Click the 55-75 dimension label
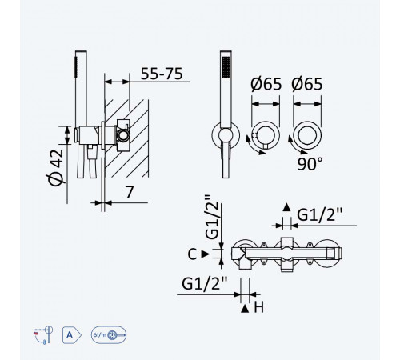coord(162,74)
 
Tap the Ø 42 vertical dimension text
coord(56,167)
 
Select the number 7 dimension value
coord(130,192)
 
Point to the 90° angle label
coord(310,164)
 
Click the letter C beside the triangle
coord(192,254)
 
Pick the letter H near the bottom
coord(258,307)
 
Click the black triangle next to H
coord(245,309)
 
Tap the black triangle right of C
coord(205,254)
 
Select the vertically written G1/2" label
coord(213,217)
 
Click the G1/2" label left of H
coord(205,283)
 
